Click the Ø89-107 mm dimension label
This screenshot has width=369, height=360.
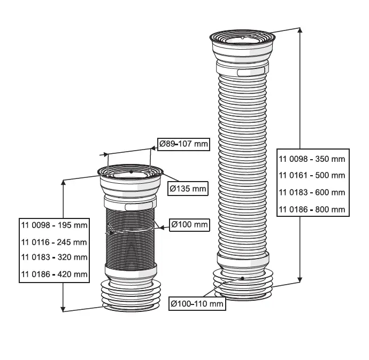pos(183,144)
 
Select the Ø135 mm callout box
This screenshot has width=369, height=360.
pos(187,189)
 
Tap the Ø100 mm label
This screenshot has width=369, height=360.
pos(189,225)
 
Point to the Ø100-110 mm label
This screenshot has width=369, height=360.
pos(197,303)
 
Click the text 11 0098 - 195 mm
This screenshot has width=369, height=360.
pos(54,225)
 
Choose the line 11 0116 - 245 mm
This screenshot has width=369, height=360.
pos(54,241)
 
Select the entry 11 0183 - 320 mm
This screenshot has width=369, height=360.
pos(54,257)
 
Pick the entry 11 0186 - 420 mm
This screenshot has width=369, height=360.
pos(54,274)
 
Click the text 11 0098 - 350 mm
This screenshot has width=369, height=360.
pos(312,159)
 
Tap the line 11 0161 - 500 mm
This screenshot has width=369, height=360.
pos(312,175)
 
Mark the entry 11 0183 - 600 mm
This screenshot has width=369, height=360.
pos(312,192)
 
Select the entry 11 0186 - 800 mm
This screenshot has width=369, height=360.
pos(312,209)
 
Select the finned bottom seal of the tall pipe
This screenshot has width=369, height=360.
pos(242,286)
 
